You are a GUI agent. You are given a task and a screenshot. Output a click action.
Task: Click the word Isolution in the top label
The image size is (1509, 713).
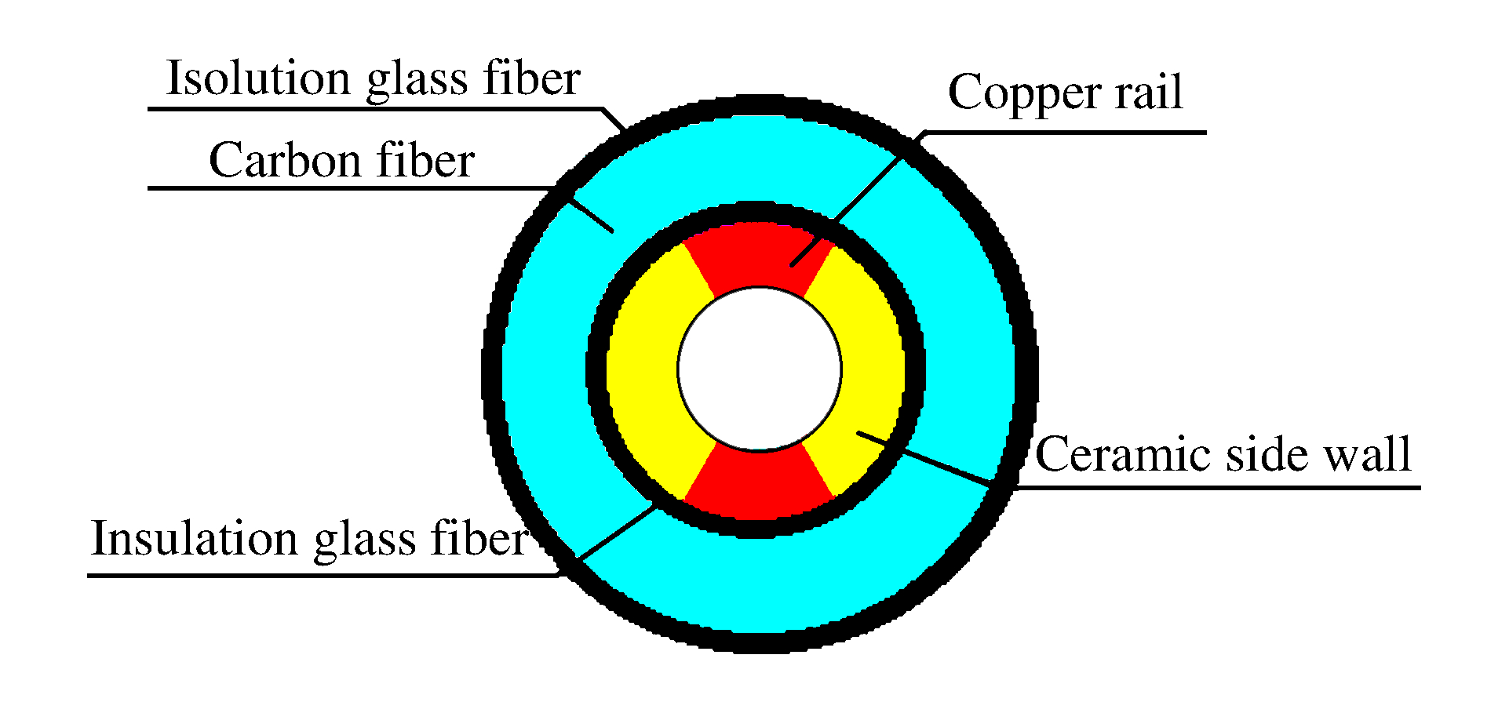tap(258, 78)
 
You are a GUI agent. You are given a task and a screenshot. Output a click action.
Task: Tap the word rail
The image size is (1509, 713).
tap(1149, 93)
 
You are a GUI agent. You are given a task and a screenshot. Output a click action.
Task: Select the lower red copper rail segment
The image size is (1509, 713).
tap(759, 485)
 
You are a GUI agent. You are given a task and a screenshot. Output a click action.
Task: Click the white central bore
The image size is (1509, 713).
tap(759, 369)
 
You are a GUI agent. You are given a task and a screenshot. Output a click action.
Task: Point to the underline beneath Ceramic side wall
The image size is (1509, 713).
tap(1216, 488)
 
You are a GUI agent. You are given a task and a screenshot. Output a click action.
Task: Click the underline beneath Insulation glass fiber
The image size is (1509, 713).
tap(314, 576)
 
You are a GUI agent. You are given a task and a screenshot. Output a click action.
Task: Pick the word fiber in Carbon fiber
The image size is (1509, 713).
tap(425, 161)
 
